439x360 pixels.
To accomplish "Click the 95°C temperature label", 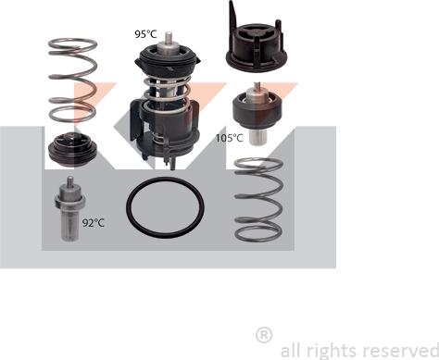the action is (x=145, y=34).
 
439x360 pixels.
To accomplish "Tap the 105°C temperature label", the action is (x=229, y=138).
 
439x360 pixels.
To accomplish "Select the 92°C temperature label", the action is (x=94, y=222).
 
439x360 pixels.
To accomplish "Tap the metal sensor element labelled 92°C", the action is (x=70, y=209).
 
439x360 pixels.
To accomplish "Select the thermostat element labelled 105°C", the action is (x=257, y=114).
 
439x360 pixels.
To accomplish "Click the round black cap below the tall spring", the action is (x=73, y=150).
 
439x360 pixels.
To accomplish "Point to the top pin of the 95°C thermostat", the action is (x=169, y=38).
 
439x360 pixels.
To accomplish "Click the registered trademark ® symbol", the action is (x=264, y=335).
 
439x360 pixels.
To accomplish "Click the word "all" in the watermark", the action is (x=289, y=350).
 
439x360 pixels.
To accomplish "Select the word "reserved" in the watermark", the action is (x=400, y=351).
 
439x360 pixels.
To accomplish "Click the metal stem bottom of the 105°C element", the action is (x=257, y=137).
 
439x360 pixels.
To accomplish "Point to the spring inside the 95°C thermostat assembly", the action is (x=166, y=93).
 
